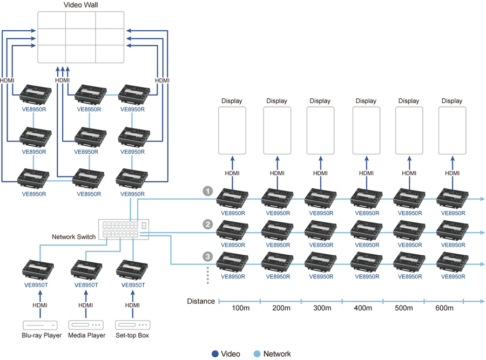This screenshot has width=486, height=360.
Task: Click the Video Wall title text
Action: pyautogui.click(x=81, y=5)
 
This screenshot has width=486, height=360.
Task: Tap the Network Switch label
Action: pyautogui.click(x=73, y=237)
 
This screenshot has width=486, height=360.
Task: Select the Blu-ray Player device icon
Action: pyautogui.click(x=39, y=325)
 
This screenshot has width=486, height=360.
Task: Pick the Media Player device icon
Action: pyautogui.click(x=86, y=325)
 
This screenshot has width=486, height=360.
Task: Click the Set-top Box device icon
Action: pyautogui.click(x=133, y=325)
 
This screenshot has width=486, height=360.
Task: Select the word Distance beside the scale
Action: pyautogui.click(x=201, y=301)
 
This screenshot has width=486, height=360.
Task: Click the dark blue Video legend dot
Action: pyautogui.click(x=215, y=354)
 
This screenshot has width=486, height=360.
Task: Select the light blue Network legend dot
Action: pyautogui.click(x=258, y=354)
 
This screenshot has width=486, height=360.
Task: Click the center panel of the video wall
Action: pyautogui.click(x=81, y=36)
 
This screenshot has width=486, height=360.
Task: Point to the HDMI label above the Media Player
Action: pyautogui.click(x=86, y=305)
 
